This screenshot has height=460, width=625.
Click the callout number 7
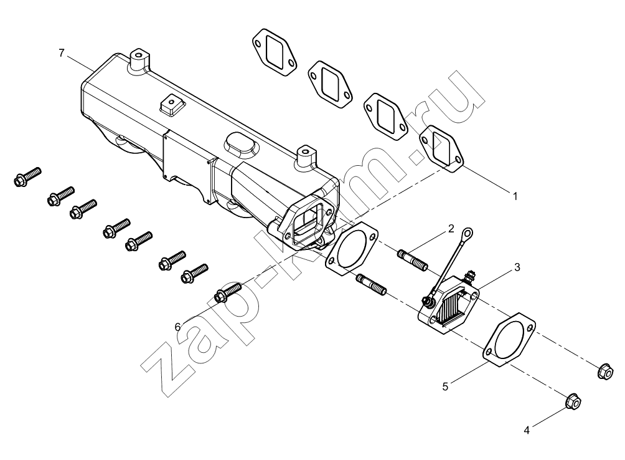(x=61, y=52)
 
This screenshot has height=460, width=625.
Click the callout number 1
(x=515, y=196)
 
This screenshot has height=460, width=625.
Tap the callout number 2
(x=451, y=229)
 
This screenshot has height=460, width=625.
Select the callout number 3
(x=517, y=267)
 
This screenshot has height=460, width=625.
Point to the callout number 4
(x=527, y=431)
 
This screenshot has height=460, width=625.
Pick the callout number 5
(x=445, y=386)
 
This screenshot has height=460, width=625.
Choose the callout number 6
(x=178, y=327)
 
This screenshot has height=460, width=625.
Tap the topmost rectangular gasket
(x=275, y=52)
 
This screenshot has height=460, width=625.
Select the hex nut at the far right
(x=605, y=371)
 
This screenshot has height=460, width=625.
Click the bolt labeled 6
(x=228, y=292)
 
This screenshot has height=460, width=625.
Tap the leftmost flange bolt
(x=27, y=177)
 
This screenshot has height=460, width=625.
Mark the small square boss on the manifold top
(x=172, y=105)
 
